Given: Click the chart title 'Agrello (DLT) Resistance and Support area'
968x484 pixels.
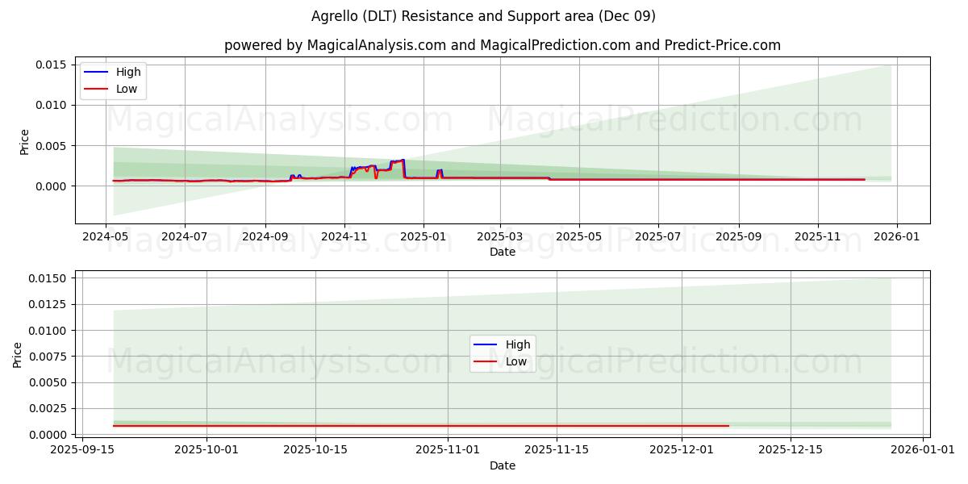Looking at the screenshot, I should click(x=483, y=16).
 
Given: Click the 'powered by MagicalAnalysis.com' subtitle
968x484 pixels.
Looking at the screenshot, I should click(x=502, y=45).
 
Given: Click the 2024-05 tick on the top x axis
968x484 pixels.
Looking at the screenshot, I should click(x=106, y=237).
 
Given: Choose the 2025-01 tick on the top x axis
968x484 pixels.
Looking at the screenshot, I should click(x=423, y=237).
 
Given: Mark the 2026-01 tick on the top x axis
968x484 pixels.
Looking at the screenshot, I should click(x=897, y=237).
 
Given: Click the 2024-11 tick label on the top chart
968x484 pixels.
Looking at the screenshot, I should click(x=344, y=237).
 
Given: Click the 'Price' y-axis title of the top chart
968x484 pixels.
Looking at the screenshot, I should click(x=24, y=142).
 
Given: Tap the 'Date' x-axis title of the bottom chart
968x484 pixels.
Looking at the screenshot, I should click(x=502, y=465).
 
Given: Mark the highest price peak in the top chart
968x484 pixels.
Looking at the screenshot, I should click(x=403, y=160).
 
